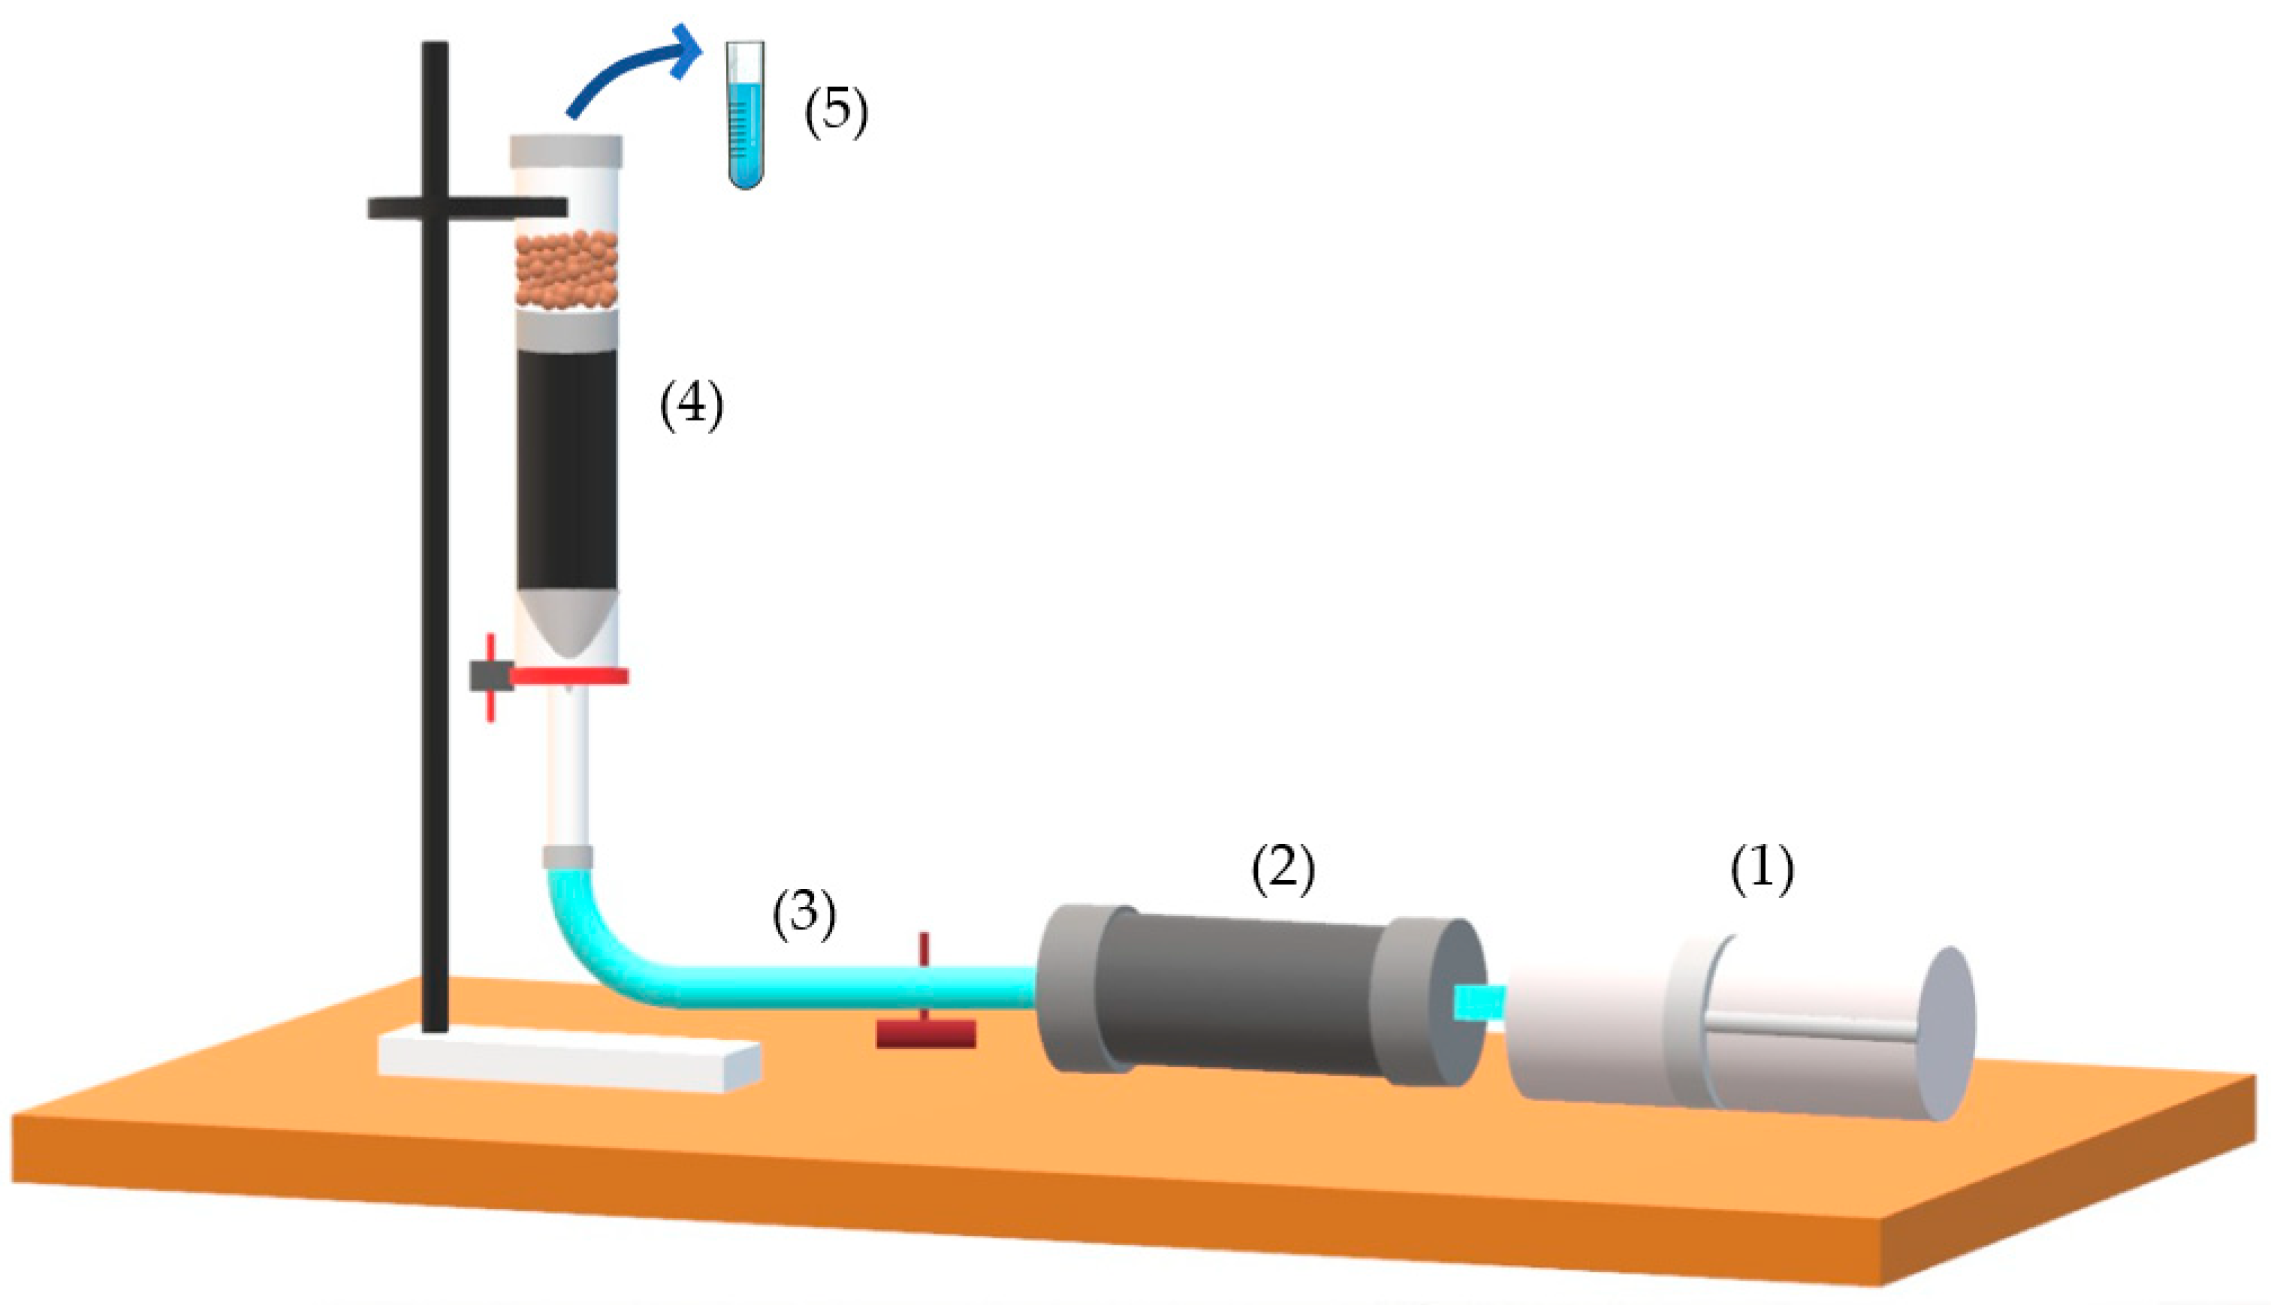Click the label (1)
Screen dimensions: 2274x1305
pos(1761,869)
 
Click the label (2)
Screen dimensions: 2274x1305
pos(1283,869)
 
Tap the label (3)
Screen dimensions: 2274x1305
pos(804,915)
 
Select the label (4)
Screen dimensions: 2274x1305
pos(691,405)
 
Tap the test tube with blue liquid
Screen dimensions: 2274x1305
pos(746,115)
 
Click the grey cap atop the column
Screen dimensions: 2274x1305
pos(566,152)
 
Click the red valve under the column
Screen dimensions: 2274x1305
pos(548,677)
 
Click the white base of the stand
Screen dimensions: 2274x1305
pos(569,1063)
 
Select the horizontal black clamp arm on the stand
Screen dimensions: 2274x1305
pos(467,208)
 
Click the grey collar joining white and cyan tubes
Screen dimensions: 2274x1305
pos(568,857)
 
